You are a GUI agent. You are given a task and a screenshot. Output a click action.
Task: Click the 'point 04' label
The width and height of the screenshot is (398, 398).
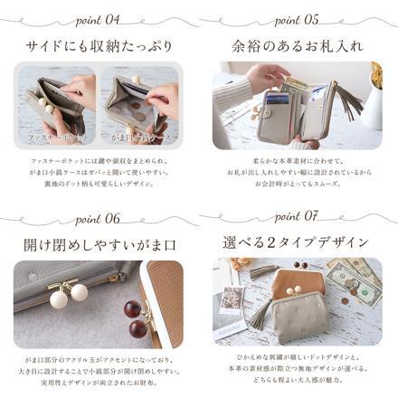tap(100, 18)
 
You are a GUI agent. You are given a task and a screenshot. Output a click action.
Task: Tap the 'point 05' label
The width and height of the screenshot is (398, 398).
tap(298, 18)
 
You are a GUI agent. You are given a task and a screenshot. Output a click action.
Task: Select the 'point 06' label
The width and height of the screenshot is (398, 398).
tap(100, 218)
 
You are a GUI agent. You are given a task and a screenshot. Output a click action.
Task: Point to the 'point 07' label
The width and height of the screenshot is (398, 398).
tap(298, 218)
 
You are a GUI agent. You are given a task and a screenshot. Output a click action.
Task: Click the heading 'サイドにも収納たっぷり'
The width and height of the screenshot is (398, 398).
tap(99, 44)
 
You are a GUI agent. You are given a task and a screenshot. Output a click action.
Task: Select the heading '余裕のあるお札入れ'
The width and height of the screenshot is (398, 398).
tap(298, 44)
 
